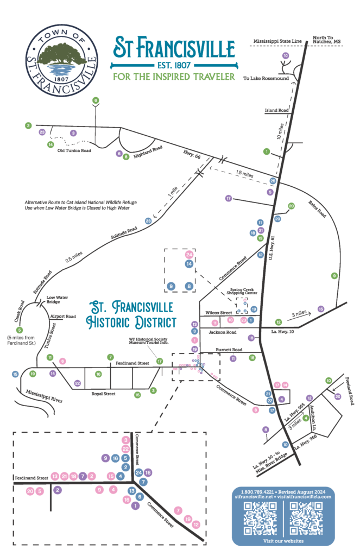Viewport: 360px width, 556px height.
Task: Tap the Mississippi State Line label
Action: click(279, 40)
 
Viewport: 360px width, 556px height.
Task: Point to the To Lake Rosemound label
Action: click(265, 79)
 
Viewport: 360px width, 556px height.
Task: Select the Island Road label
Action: click(276, 110)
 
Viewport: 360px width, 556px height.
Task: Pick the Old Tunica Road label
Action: click(74, 150)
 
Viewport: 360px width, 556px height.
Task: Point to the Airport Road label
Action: click(62, 316)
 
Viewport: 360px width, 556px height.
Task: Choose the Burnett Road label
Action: click(227, 350)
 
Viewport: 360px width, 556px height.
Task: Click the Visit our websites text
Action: click(283, 541)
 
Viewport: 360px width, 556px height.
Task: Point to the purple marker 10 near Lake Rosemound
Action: click(285, 56)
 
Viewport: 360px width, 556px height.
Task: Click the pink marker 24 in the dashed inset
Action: click(189, 254)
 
